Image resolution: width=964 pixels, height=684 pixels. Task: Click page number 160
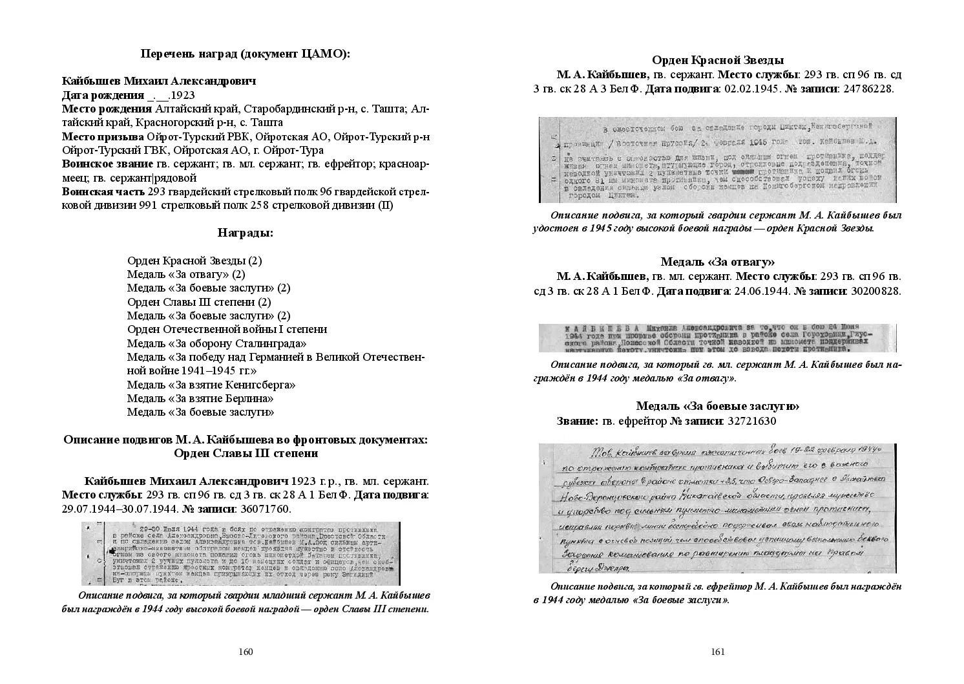245,652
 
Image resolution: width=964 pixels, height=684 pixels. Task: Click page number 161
717,652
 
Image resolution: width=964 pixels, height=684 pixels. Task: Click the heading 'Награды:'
245,233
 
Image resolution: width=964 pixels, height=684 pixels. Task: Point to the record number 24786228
865,89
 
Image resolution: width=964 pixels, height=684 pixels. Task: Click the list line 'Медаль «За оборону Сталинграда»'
216,343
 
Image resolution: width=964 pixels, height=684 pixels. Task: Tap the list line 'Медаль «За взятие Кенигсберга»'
211,385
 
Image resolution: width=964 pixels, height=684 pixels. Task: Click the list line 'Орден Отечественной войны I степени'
227,329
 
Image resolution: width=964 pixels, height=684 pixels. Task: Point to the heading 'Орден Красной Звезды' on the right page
717,60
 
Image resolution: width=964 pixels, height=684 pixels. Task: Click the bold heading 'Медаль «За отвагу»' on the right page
717,262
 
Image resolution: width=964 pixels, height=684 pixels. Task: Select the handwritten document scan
717,508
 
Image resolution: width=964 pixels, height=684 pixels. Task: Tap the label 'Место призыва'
103,136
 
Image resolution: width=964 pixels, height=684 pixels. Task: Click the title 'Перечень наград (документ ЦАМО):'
245,54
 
